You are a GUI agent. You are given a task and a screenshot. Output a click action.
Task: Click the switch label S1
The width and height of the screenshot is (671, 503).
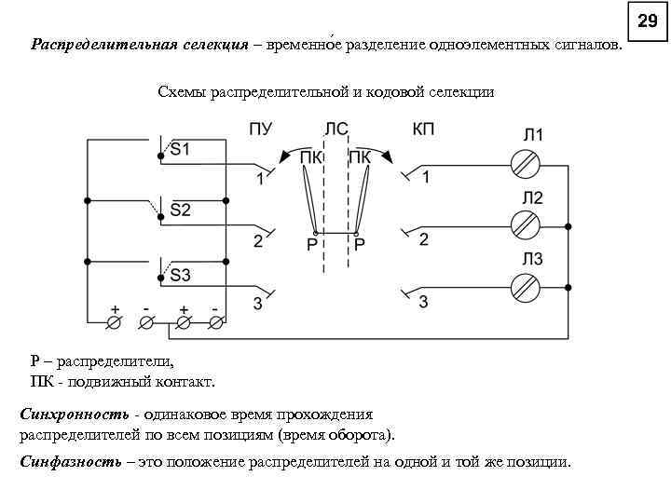[179, 149]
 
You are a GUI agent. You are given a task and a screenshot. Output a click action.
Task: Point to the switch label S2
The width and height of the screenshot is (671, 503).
[179, 211]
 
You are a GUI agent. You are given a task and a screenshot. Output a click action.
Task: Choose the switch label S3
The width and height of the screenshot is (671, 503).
[179, 275]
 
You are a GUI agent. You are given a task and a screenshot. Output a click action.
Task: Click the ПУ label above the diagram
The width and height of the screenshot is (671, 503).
[261, 129]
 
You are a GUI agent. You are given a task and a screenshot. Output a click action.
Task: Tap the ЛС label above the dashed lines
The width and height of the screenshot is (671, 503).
[336, 129]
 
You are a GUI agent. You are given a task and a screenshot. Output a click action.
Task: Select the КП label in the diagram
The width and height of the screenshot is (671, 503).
[423, 129]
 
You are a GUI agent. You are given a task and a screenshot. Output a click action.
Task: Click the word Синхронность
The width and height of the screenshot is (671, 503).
[75, 414]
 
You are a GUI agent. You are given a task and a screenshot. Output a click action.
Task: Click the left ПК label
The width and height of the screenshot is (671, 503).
[312, 157]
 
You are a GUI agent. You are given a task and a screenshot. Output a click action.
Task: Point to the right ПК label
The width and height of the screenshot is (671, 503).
[360, 157]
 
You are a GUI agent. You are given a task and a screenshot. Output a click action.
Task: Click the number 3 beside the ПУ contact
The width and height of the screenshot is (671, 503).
[258, 304]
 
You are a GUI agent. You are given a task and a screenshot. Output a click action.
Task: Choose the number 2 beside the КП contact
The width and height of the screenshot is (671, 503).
[424, 240]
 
